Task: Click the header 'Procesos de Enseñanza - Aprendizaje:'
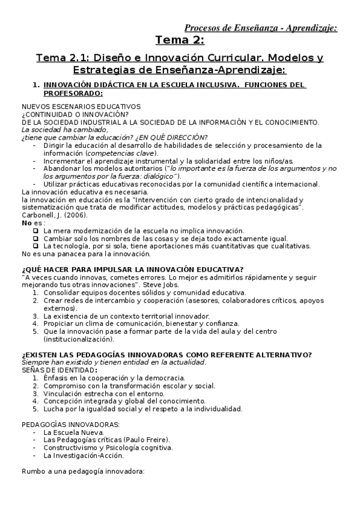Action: [x=260, y=27]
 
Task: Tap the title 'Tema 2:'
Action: [x=180, y=40]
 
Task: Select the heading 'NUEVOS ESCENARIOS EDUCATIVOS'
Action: [x=81, y=106]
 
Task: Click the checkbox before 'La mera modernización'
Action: [x=36, y=231]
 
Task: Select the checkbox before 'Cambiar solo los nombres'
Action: [x=36, y=239]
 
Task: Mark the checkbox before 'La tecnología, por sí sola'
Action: [x=36, y=246]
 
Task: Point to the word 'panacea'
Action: [x=63, y=254]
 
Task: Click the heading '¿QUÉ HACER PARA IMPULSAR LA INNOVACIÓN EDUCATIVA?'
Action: [x=132, y=268]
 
